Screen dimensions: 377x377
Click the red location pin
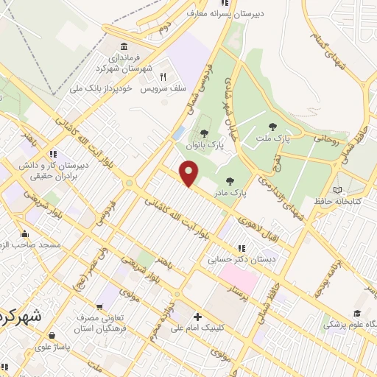[190, 175]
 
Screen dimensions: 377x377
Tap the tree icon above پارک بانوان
[204, 134]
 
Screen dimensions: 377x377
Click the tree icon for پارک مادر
[230, 180]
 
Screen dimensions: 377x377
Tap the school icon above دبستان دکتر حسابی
[241, 248]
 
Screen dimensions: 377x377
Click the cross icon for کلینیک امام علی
[197, 317]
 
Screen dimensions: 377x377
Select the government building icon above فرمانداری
[121, 46]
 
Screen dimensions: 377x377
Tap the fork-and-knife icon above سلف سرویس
[163, 76]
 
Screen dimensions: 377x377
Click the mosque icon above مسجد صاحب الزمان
[24, 233]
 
